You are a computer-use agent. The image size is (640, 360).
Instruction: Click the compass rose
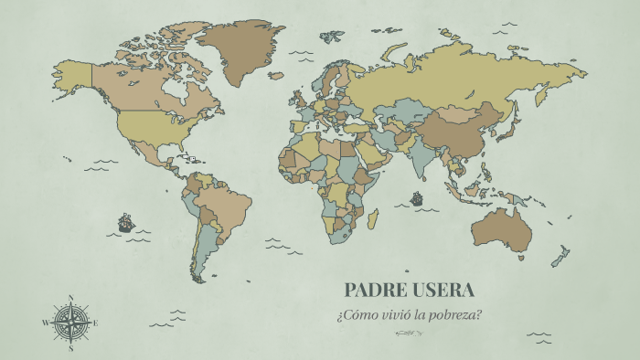[70, 323]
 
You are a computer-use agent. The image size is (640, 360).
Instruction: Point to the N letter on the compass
[70, 298]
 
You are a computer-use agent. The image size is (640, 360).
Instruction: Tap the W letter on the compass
[45, 323]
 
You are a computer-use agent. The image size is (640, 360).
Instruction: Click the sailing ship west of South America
[126, 222]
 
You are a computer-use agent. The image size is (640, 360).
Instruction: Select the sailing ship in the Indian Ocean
[417, 197]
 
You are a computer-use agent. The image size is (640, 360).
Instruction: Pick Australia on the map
[497, 228]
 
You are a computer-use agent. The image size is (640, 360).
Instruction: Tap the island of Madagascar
[373, 219]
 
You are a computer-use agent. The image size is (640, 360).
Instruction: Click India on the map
[432, 160]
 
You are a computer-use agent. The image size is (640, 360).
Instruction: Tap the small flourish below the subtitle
[408, 334]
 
